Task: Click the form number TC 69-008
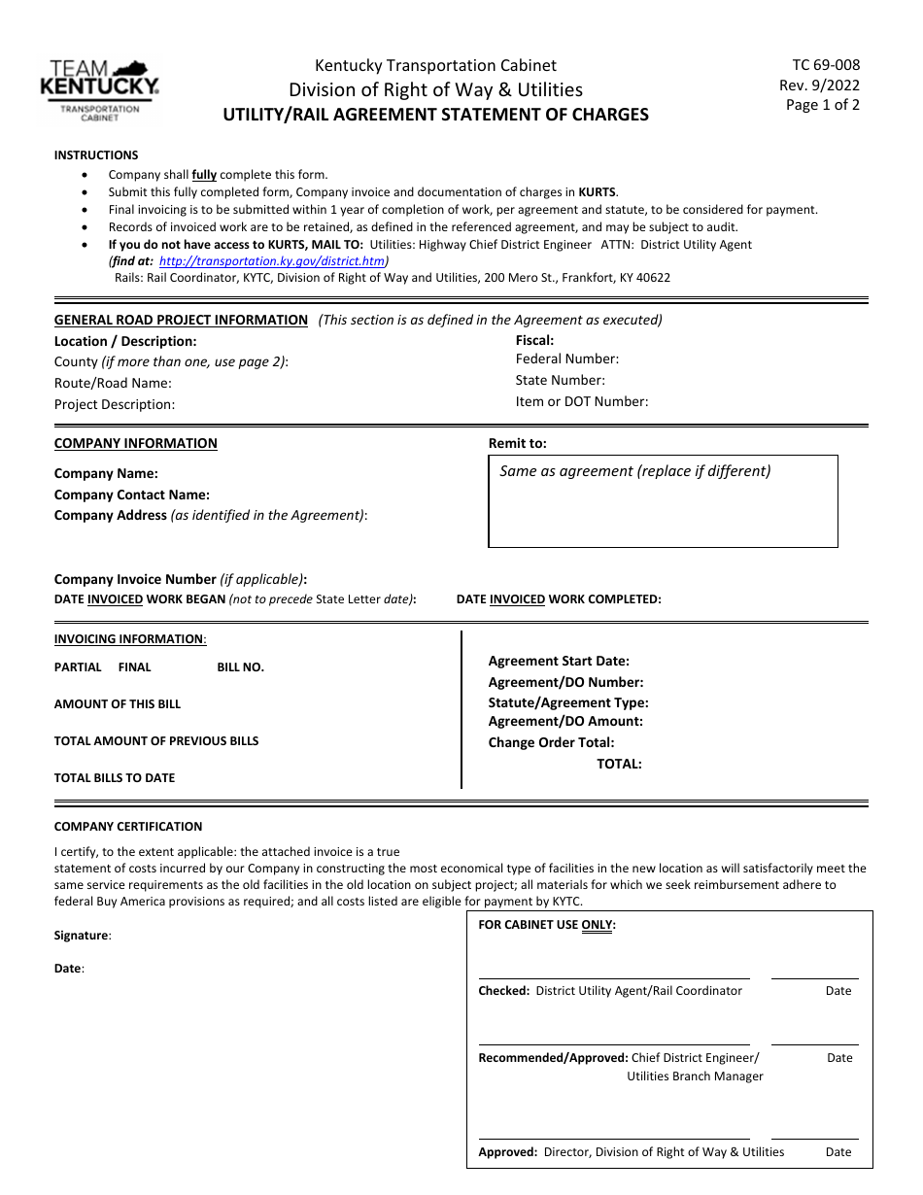coord(826,65)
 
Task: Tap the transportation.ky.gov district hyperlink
coord(271,261)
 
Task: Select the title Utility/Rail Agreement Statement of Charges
coord(435,114)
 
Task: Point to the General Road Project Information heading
coord(181,320)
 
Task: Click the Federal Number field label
coord(566,359)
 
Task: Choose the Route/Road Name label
coord(113,383)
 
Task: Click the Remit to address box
coord(663,501)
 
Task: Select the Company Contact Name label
coord(132,495)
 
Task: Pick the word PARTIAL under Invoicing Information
coord(78,667)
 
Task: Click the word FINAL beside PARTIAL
coord(135,667)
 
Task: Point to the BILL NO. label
coord(240,667)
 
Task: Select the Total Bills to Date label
coord(115,778)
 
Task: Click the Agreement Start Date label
coord(559,662)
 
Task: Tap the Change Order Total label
coord(551,742)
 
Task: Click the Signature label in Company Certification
coord(83,936)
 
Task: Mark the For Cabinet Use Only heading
coord(547,925)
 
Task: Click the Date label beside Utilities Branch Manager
coord(839,1058)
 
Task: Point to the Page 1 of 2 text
coord(822,105)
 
